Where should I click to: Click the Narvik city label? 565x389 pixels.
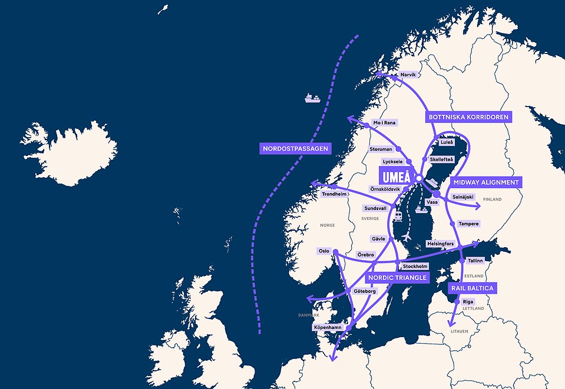tap(408, 75)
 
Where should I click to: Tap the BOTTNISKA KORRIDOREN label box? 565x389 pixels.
tap(468, 117)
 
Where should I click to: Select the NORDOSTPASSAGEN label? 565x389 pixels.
tap(295, 148)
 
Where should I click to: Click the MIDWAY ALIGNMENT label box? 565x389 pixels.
tap(486, 182)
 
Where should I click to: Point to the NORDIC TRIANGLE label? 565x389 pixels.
tap(397, 277)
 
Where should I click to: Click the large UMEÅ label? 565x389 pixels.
tap(395, 177)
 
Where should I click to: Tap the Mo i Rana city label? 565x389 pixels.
tap(384, 123)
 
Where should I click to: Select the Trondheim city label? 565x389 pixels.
tap(333, 194)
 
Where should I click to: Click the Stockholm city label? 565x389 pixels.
tap(415, 267)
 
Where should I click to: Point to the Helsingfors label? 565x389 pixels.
tap(440, 244)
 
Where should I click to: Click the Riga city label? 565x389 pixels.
tap(468, 301)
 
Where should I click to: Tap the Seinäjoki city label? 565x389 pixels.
tap(462, 197)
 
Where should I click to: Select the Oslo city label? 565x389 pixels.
tap(324, 251)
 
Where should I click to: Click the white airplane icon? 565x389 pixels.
tap(407, 235)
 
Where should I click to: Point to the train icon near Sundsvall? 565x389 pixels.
tap(398, 215)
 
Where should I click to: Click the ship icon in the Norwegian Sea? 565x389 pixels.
tap(312, 97)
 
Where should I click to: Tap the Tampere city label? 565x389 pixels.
tap(469, 224)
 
